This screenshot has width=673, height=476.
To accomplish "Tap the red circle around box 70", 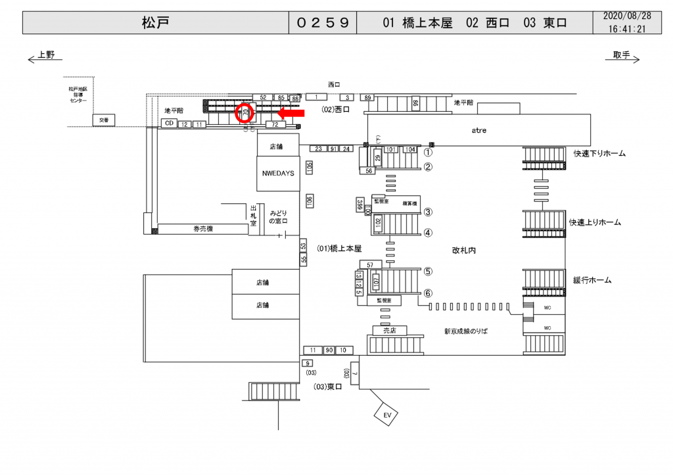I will click(x=245, y=113).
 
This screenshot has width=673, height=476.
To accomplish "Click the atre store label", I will click(x=478, y=130).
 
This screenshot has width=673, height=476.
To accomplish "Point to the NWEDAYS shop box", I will click(x=277, y=173).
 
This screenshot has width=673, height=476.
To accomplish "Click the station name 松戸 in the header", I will click(x=155, y=23).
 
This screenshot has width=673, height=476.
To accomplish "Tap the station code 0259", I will click(x=322, y=23).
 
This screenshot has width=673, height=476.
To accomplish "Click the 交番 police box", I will click(x=103, y=120).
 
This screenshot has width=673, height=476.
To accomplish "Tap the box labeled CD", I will click(x=169, y=124).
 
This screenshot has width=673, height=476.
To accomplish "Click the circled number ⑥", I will click(x=427, y=293).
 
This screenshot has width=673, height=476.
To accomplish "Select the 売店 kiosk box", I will click(x=390, y=330).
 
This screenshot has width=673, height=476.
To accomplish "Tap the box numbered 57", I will click(x=371, y=264).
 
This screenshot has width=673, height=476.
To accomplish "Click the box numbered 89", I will click(x=368, y=97).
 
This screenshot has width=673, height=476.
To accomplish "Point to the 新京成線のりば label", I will click(x=466, y=331).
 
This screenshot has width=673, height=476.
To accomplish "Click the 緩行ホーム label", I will click(x=592, y=280).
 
